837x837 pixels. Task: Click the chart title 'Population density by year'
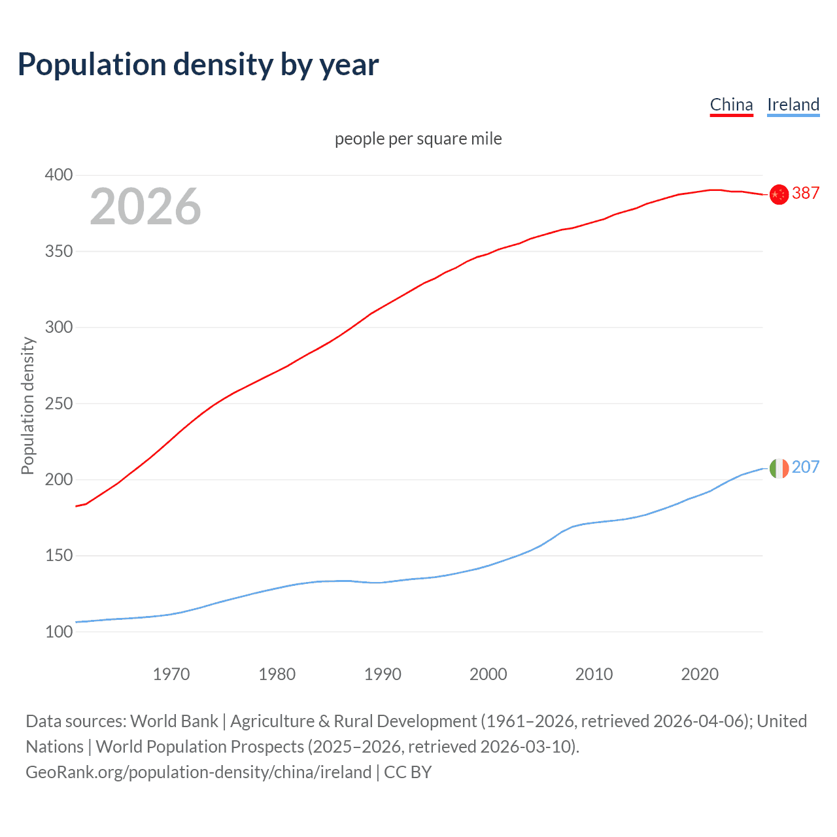198,65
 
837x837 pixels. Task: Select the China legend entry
731,105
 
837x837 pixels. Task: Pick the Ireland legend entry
793,105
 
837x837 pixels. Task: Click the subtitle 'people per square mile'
418,139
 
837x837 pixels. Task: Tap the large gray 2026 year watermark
145,207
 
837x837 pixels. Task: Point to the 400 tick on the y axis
59,175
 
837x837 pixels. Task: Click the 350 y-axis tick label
59,251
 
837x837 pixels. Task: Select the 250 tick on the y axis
59,403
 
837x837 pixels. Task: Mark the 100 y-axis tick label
59,632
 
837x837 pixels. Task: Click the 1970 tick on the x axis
171,674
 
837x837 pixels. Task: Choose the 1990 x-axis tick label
383,674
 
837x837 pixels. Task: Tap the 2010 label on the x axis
594,674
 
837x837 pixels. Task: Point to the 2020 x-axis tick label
700,674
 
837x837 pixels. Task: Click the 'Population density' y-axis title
27,405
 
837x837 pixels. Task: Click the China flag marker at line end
779,194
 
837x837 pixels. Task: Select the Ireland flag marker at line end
779,468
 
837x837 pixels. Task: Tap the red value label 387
806,193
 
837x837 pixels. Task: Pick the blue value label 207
806,467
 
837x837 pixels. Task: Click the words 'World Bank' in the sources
174,721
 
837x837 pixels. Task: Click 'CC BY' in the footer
407,772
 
